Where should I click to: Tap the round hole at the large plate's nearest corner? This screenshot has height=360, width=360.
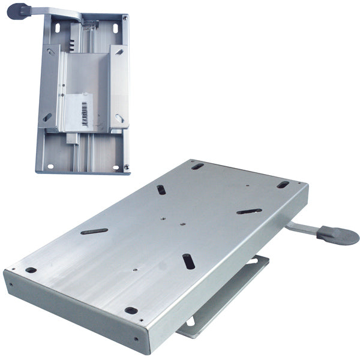(131, 310)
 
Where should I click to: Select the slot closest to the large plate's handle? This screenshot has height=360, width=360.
(249, 211)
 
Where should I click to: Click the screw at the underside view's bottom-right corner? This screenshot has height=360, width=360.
(127, 167)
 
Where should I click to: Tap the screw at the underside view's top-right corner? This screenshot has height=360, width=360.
(124, 19)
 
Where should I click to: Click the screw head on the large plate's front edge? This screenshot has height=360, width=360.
(136, 339)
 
